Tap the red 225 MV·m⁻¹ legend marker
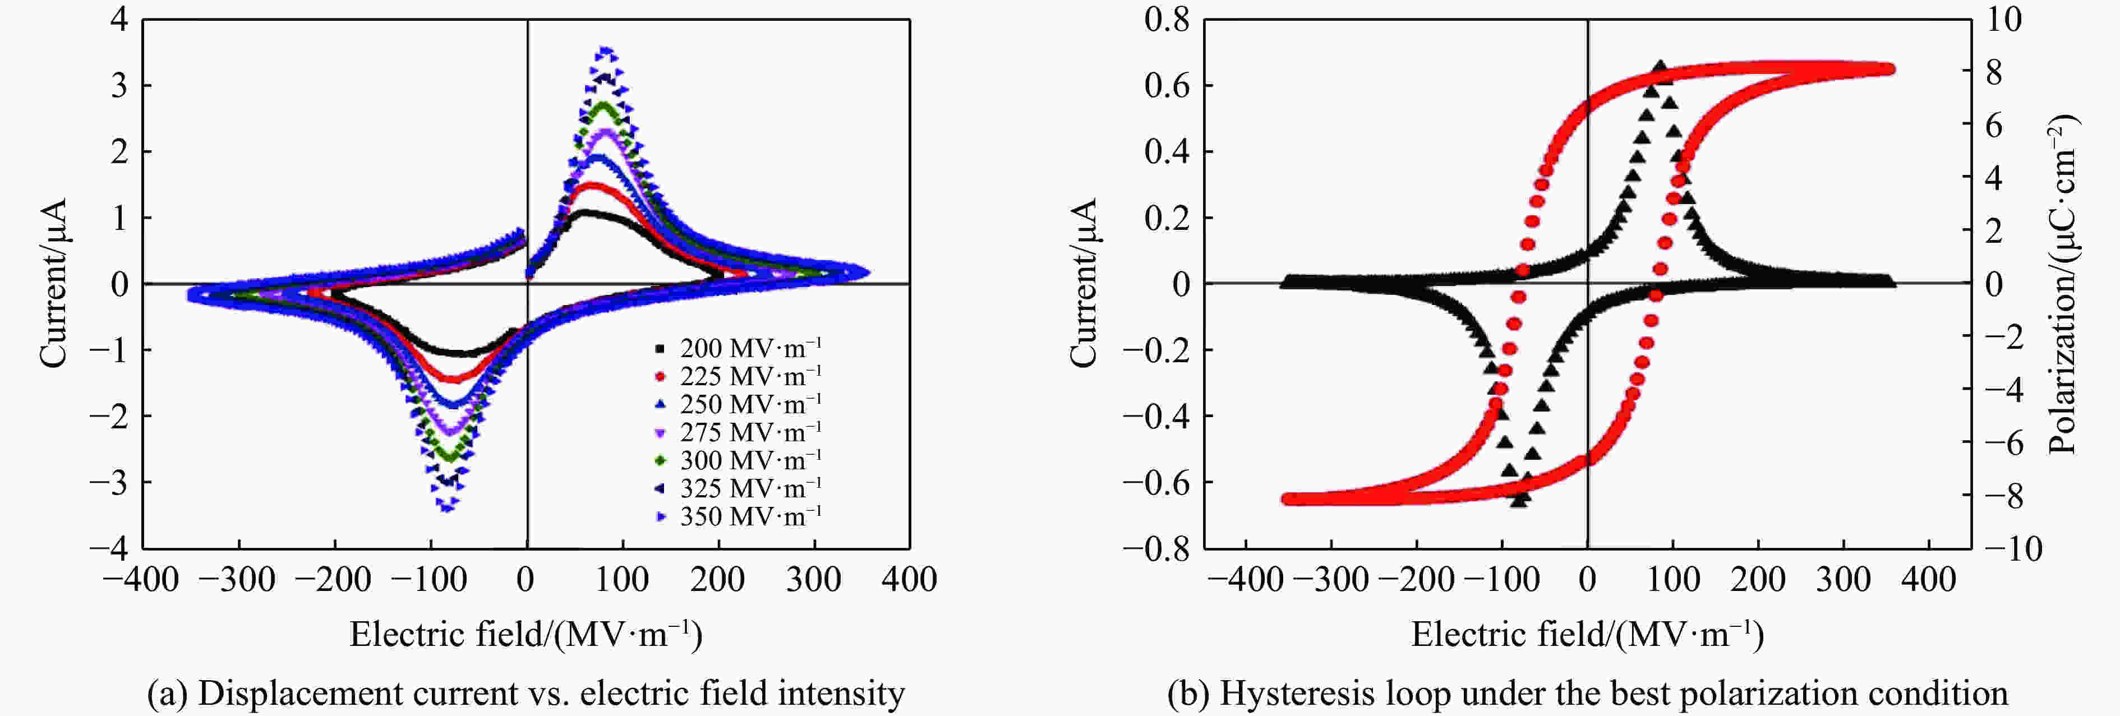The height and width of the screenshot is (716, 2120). click(659, 377)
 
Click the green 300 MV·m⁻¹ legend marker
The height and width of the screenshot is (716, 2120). click(659, 461)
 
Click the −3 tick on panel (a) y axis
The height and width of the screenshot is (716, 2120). click(109, 482)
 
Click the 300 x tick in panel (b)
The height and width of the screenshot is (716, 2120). click(1844, 580)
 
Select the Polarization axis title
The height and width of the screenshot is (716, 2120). click(2062, 284)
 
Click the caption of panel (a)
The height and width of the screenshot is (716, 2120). click(526, 694)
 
